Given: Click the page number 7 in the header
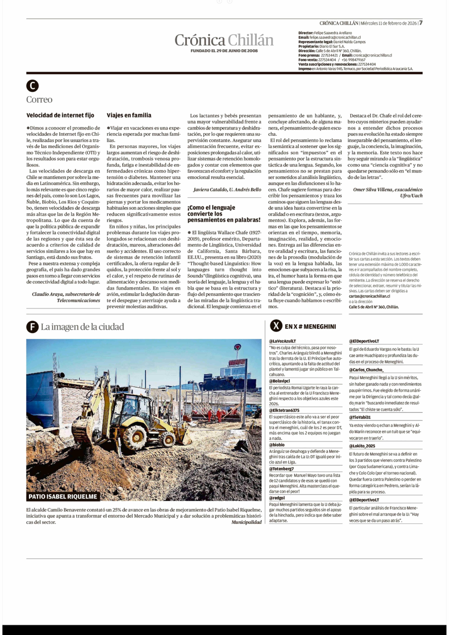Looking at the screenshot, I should tap(420, 23).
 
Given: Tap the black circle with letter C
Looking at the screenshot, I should tap(32, 86).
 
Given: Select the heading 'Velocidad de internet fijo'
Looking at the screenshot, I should tap(60, 115).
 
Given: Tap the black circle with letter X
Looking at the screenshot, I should tap(276, 326).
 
